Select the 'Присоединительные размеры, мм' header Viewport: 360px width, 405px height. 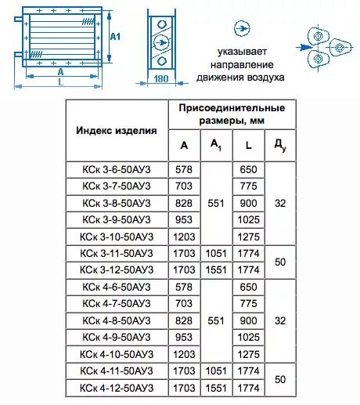(227, 114)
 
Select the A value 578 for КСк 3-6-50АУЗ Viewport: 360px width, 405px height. (184, 169)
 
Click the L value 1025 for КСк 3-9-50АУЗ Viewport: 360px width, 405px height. (248, 219)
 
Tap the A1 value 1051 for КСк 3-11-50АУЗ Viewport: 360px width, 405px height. (216, 253)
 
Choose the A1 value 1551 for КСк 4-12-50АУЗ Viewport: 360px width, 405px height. (216, 388)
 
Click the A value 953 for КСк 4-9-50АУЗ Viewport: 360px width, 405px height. (184, 337)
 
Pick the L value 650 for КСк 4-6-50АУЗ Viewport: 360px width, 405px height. (248, 287)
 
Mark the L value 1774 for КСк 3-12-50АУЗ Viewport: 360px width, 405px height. (248, 269)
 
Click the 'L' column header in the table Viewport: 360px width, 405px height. (248, 146)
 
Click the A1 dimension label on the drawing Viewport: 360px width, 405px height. (115, 37)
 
